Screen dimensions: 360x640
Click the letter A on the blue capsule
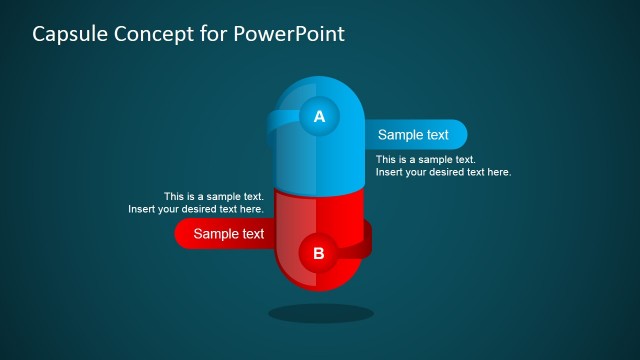pyautogui.click(x=319, y=117)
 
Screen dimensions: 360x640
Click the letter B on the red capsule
pyautogui.click(x=319, y=253)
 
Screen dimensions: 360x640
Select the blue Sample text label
pyautogui.click(x=413, y=135)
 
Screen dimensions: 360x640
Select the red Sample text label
pyautogui.click(x=228, y=234)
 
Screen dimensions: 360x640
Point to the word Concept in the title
pyautogui.click(x=156, y=34)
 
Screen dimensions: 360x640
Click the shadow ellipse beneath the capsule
pyautogui.click(x=320, y=313)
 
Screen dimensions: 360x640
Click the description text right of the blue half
pyautogui.click(x=443, y=166)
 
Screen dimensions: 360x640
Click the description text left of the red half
pyautogui.click(x=197, y=203)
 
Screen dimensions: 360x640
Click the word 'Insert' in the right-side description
pyautogui.click(x=391, y=172)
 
